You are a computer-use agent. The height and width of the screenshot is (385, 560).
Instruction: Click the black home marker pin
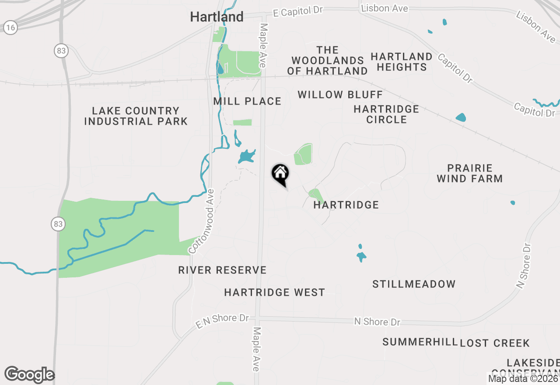280,174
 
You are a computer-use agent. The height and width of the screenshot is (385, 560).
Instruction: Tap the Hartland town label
217,17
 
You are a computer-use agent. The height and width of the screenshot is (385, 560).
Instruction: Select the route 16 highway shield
10,28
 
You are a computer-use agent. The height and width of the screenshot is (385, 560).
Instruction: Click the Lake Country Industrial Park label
136,116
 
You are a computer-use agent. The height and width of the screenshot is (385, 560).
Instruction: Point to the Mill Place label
247,101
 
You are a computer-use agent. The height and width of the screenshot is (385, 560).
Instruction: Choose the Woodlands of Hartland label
328,60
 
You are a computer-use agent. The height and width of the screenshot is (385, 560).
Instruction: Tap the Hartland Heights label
402,62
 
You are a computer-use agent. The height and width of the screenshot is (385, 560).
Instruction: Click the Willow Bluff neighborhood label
340,95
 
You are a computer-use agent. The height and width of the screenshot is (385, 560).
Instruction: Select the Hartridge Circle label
386,114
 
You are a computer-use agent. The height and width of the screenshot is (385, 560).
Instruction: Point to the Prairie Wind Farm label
470,173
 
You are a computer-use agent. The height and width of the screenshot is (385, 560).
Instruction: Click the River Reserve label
222,270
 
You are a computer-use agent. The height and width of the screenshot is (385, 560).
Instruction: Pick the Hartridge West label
274,293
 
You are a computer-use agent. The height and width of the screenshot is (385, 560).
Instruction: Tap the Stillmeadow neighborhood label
414,284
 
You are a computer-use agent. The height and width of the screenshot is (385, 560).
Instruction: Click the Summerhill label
420,342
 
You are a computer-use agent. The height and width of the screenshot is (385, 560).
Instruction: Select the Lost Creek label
495,343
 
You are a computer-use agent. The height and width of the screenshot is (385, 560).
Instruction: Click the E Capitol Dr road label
297,12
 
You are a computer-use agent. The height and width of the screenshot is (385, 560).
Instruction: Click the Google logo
29,374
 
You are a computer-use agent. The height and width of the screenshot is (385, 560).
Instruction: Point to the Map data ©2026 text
523,378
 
